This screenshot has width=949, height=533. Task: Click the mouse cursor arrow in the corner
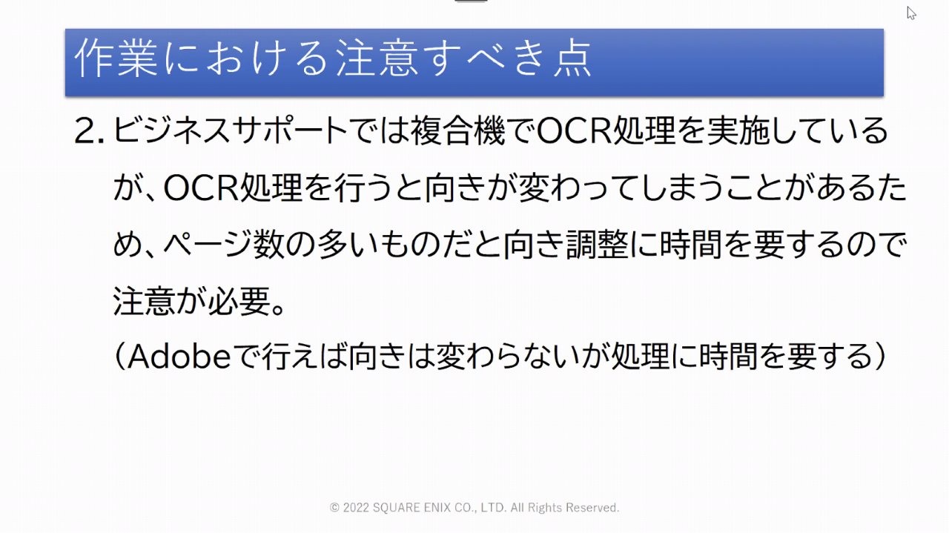tap(911, 13)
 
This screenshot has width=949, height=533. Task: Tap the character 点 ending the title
tap(572, 58)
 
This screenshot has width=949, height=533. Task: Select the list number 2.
tap(89, 131)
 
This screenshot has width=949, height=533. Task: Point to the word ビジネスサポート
tap(231, 130)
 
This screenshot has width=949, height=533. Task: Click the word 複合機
tap(458, 130)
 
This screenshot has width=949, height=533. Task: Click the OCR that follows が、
tap(201, 188)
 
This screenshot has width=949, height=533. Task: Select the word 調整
tap(598, 245)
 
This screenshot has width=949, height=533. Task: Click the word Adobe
tap(179, 357)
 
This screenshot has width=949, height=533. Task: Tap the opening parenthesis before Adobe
tap(119, 357)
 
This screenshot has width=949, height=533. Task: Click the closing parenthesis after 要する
tap(880, 357)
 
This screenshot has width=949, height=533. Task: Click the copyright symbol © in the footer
tap(334, 508)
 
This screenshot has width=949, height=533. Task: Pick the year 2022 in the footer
tap(356, 508)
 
